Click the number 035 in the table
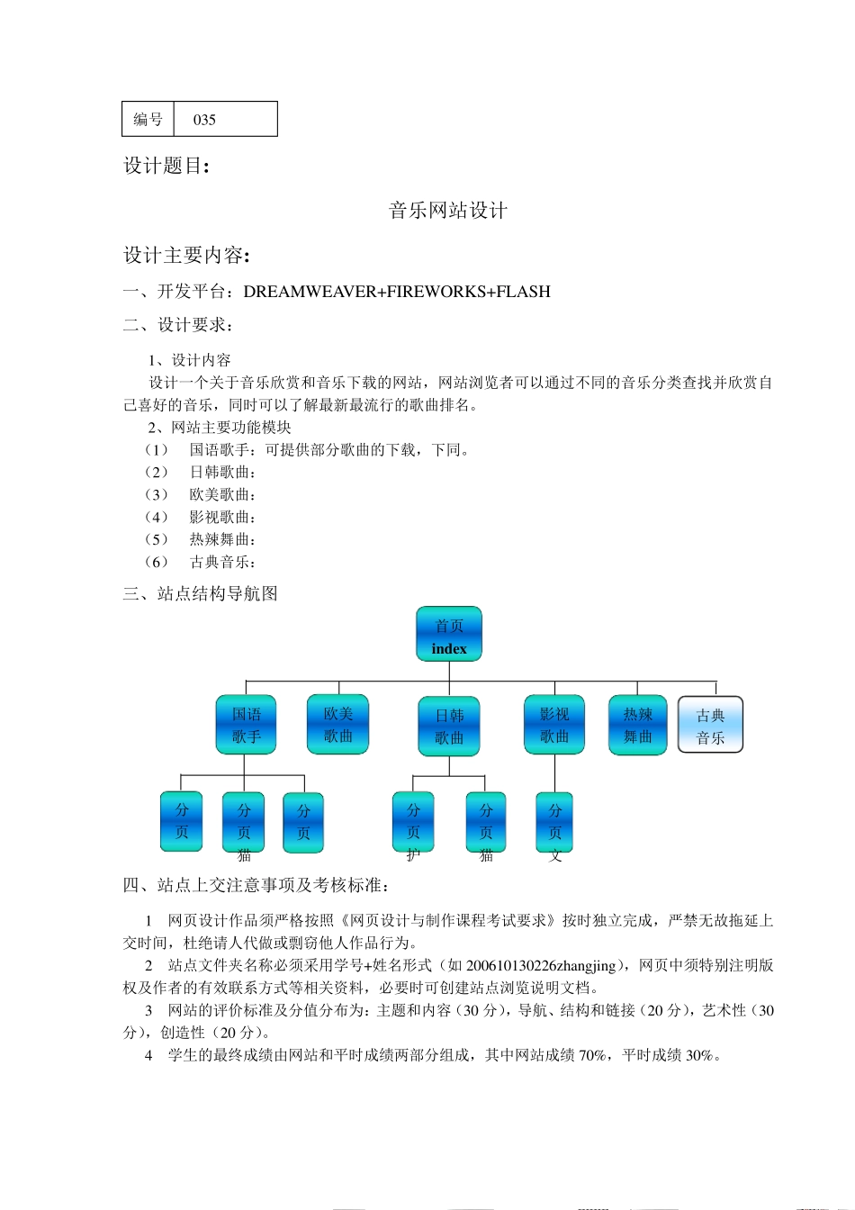(x=204, y=120)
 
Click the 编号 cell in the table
(x=148, y=120)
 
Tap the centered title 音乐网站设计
(x=448, y=211)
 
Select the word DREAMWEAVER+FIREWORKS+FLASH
(x=397, y=292)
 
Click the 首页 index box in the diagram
(x=449, y=635)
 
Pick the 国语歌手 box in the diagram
(x=246, y=725)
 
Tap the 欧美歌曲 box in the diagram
(x=337, y=724)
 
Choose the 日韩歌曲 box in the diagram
(x=449, y=727)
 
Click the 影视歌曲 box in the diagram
(x=554, y=725)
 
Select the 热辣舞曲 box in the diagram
(x=637, y=725)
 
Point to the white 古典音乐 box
(x=710, y=725)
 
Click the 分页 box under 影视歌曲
(x=554, y=822)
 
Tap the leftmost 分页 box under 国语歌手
(x=182, y=821)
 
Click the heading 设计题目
(x=166, y=166)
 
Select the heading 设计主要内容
(x=186, y=256)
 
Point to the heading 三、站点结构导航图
(x=201, y=594)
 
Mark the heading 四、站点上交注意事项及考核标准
(x=256, y=886)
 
